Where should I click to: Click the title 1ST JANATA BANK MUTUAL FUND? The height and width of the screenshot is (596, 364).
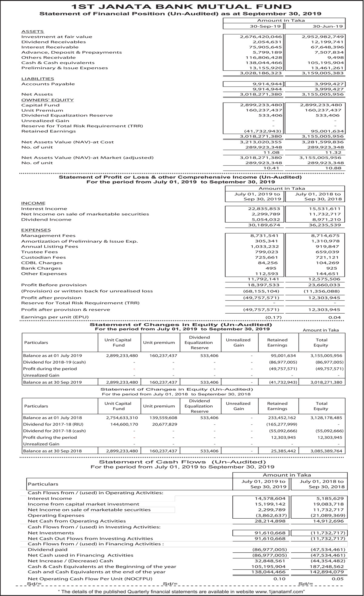(182, 7)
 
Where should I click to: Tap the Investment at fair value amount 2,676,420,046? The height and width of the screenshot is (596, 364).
(261, 37)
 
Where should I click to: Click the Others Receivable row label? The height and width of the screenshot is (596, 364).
(49, 58)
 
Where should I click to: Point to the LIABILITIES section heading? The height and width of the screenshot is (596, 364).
(38, 79)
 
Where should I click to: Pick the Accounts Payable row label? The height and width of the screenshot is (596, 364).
(48, 84)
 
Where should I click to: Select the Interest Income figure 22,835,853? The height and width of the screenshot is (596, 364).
(264, 209)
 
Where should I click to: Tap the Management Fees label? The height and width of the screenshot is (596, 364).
(48, 236)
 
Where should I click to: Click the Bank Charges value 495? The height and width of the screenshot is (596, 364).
(271, 268)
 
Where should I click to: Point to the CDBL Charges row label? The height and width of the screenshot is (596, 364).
(42, 263)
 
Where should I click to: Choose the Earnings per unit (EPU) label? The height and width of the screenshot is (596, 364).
(55, 317)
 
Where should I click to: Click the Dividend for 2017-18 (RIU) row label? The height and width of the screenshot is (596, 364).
(53, 424)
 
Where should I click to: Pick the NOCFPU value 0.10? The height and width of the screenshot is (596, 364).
(279, 579)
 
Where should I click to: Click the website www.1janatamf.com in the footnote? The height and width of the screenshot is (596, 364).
(278, 591)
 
